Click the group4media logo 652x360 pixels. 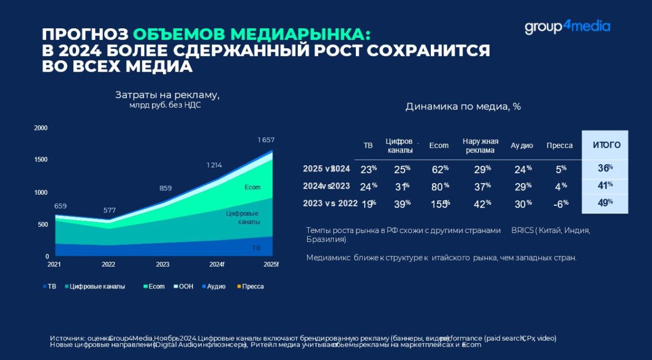(567, 27)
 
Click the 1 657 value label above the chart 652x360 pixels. (266, 140)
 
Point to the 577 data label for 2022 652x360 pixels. (110, 210)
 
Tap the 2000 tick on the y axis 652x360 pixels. (41, 128)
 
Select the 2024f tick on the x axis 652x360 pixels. (216, 265)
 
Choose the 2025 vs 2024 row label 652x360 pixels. (326, 169)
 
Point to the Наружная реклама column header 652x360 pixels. (481, 145)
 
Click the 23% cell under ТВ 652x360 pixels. (368, 169)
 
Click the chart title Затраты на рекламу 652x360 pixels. (167, 95)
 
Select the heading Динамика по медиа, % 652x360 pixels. (463, 107)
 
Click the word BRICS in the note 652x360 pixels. (522, 230)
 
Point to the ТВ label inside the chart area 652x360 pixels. (256, 248)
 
